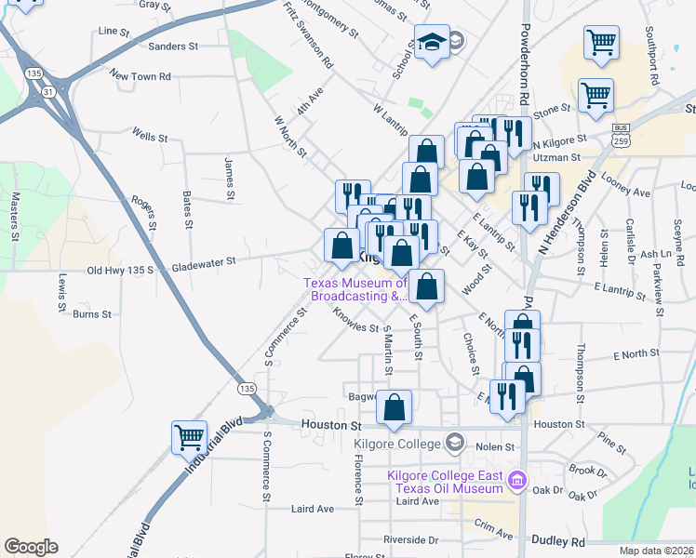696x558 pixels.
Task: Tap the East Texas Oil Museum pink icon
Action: click(517, 482)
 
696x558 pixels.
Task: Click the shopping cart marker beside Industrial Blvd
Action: click(188, 436)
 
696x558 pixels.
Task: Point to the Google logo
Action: click(31, 547)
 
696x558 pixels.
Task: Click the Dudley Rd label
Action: click(558, 540)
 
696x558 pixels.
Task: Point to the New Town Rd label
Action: click(140, 75)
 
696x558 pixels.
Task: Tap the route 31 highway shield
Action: click(47, 91)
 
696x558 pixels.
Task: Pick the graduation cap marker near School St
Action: click(431, 43)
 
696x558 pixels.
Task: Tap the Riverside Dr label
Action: click(410, 539)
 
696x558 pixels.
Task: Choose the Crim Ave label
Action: click(492, 528)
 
